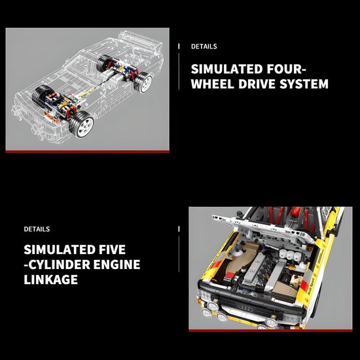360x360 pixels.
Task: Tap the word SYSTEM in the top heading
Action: tap(304, 84)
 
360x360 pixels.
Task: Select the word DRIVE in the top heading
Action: tap(257, 84)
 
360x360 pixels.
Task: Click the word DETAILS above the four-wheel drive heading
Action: tap(204, 46)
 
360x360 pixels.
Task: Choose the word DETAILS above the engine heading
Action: tap(37, 229)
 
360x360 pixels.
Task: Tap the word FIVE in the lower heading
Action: tap(113, 249)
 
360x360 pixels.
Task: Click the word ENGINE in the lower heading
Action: tap(117, 264)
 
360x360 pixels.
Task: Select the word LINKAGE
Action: tap(51, 279)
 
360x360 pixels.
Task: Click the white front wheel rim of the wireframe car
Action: tap(85, 126)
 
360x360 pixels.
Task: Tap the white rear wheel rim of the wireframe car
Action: tap(147, 83)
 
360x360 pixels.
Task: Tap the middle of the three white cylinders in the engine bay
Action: tap(290, 255)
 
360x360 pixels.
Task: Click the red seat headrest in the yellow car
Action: tap(295, 211)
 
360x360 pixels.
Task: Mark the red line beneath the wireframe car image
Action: tap(88, 152)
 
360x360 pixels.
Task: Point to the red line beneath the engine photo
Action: tap(270, 331)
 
